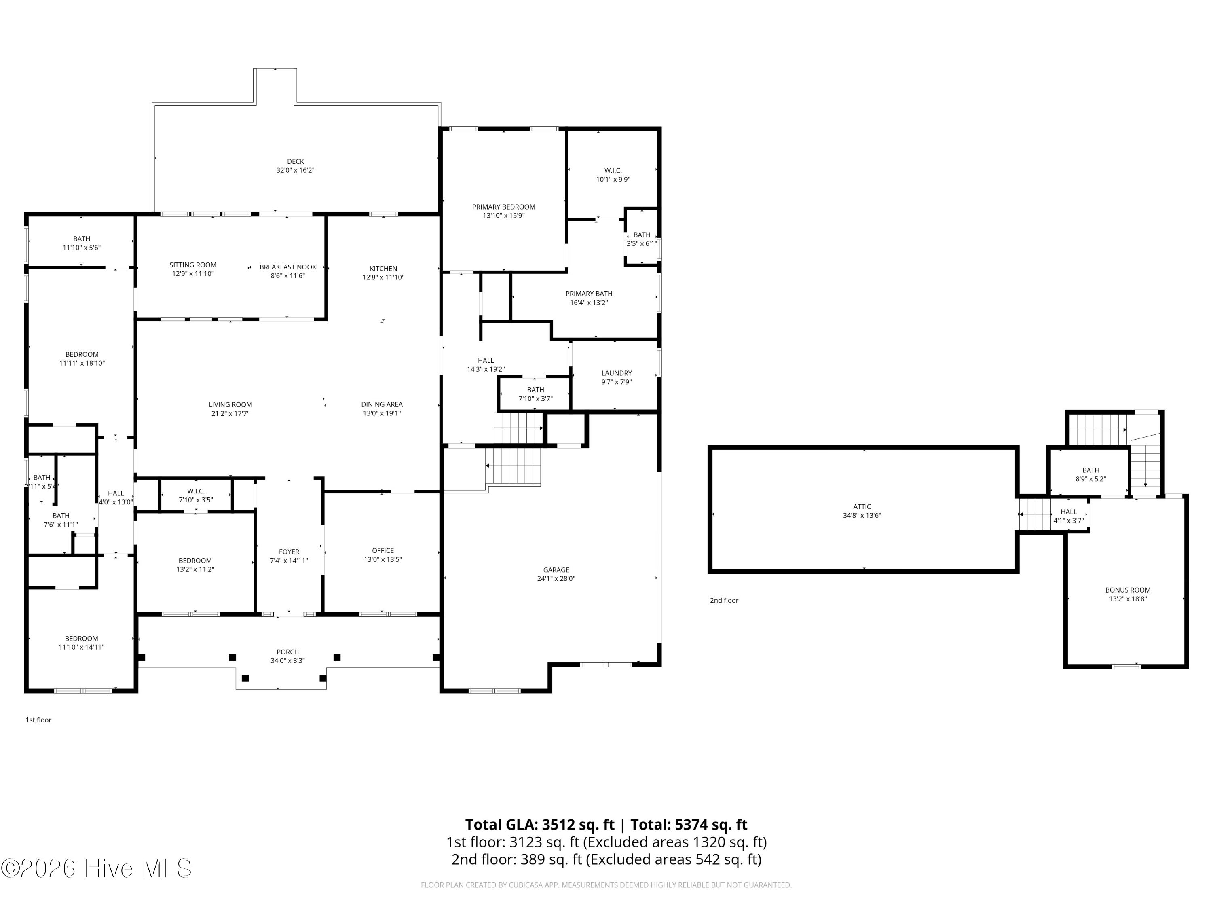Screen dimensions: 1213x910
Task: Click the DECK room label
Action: tap(296, 161)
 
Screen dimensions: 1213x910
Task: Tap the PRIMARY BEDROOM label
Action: tap(503, 207)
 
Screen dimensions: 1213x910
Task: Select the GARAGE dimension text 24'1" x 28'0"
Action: tap(556, 579)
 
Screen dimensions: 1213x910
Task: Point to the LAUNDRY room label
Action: tap(616, 373)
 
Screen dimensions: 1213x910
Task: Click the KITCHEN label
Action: tap(383, 268)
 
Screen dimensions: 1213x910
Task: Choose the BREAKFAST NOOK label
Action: tap(288, 267)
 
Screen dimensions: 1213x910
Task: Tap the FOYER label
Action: tap(289, 552)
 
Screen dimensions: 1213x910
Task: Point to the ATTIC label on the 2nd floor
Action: tap(862, 507)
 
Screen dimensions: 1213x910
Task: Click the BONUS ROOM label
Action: tap(1128, 590)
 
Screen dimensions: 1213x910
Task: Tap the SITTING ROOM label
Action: tap(193, 265)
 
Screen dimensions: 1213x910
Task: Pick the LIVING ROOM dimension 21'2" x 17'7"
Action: tap(230, 414)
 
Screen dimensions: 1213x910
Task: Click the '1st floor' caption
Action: tap(38, 720)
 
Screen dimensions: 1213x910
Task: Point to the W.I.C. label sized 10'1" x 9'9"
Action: tap(613, 171)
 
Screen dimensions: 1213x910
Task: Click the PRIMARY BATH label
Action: tap(589, 294)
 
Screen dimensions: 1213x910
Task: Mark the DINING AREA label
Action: tap(382, 404)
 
